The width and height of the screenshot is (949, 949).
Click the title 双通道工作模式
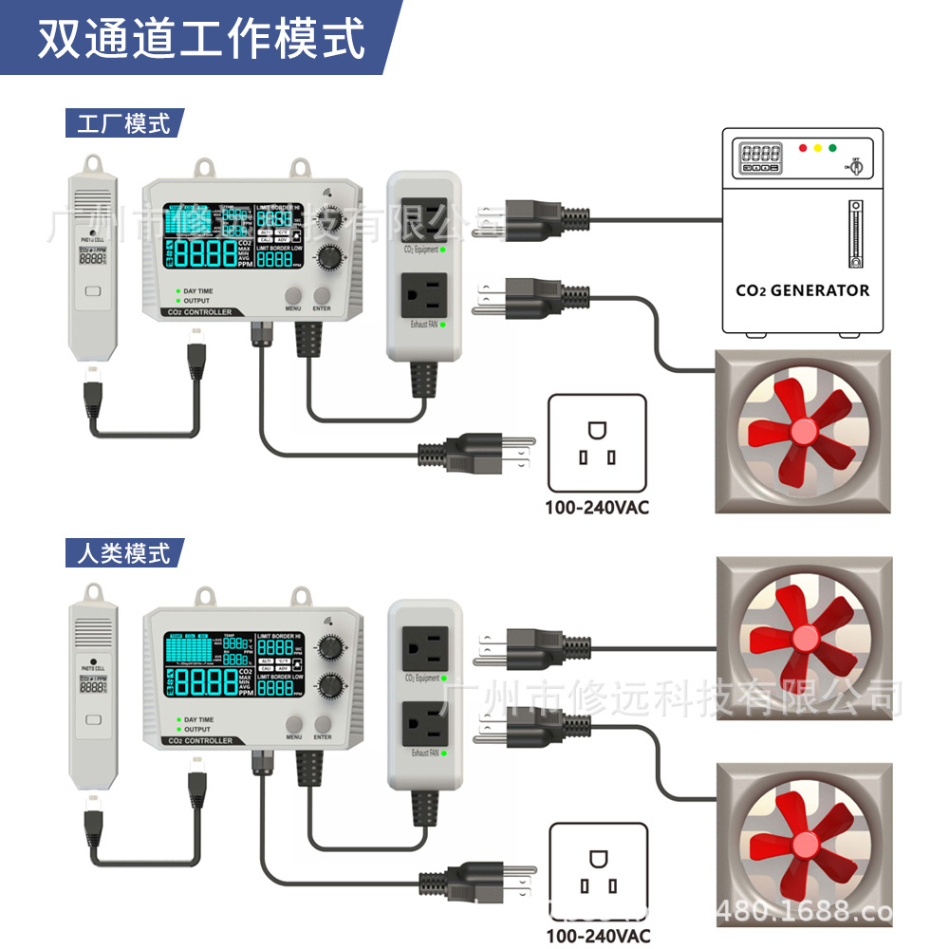coord(201,40)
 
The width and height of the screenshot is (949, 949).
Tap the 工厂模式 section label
coord(123,123)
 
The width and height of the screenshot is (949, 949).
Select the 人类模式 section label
coord(123,552)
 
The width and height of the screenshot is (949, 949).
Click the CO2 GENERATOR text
coord(802,290)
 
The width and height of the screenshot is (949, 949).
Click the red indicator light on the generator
coord(803,148)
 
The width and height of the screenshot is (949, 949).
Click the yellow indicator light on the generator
coord(817,148)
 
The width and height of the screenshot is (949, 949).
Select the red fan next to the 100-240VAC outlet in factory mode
coord(803,432)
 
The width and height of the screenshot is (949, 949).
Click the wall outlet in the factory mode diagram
coord(597,443)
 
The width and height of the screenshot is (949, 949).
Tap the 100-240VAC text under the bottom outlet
coord(597,935)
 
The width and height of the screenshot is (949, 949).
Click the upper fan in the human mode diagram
coord(803,638)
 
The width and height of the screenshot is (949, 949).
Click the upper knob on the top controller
coord(330,215)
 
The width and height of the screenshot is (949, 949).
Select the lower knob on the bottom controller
coord(330,685)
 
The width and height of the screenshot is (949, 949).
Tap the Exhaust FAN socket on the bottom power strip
coord(423,725)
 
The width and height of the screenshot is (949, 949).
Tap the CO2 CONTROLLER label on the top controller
coord(198,312)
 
